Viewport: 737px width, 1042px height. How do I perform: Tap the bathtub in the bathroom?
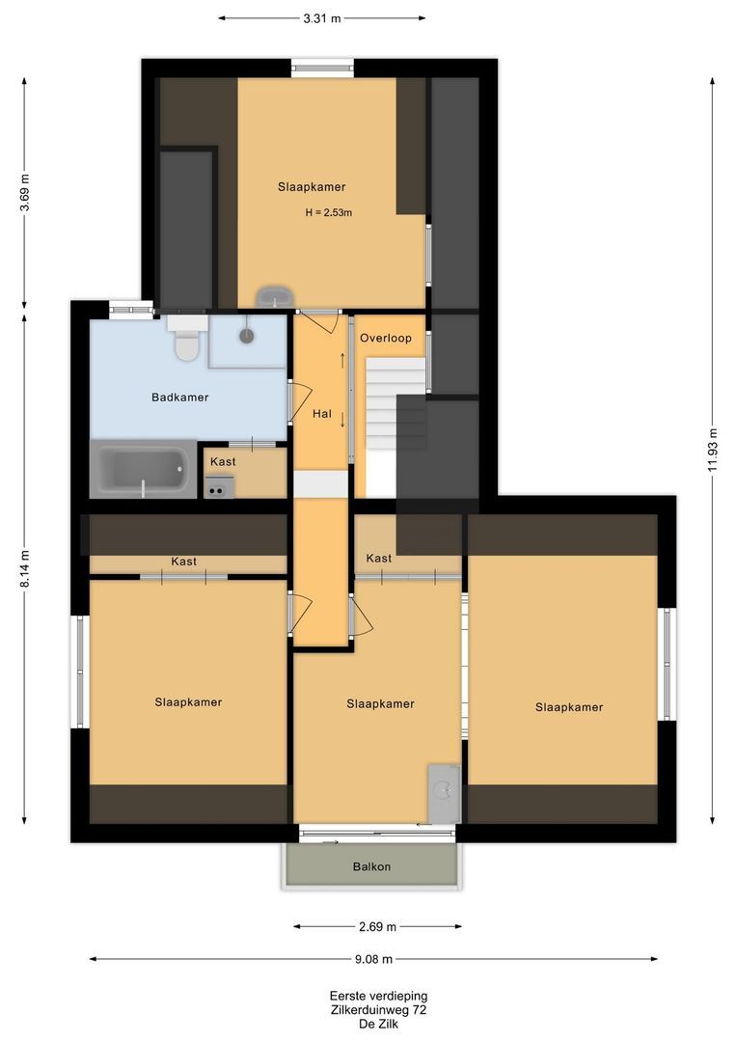click(143, 469)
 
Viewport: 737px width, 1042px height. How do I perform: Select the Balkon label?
click(371, 866)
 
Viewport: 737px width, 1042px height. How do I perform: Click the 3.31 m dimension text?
click(321, 18)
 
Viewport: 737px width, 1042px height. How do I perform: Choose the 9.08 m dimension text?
click(373, 959)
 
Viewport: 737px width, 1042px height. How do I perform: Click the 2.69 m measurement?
click(377, 926)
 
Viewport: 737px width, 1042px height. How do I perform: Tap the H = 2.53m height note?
click(328, 212)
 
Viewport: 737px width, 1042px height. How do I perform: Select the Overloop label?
click(386, 338)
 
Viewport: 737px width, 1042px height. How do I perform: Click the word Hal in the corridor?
click(321, 413)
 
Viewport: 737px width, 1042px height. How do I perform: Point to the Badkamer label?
click(180, 398)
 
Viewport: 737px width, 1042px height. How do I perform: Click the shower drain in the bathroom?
click(247, 337)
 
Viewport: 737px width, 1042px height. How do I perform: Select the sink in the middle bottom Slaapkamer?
click(444, 793)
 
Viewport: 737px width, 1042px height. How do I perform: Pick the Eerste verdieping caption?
click(379, 996)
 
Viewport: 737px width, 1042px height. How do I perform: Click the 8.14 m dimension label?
click(24, 569)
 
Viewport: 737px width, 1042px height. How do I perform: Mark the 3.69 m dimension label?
click(24, 193)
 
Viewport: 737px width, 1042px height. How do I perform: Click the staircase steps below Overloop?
click(396, 403)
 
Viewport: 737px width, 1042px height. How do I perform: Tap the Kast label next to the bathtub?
click(223, 461)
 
